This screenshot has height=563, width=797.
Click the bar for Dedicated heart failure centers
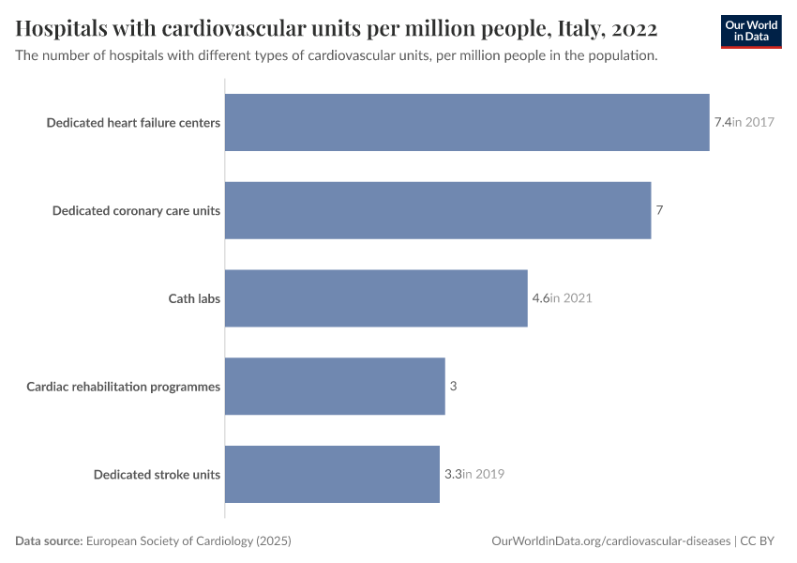[467, 122]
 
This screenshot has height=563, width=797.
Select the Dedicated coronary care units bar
[438, 210]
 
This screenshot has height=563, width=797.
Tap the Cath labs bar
[376, 298]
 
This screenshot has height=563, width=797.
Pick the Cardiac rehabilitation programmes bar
[335, 386]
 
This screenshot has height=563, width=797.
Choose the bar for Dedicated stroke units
[332, 474]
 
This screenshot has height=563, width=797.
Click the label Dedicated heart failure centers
[133, 122]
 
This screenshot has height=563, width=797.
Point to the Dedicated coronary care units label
[136, 210]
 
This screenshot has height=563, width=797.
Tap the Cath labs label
[194, 298]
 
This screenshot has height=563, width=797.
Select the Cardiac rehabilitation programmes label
[123, 386]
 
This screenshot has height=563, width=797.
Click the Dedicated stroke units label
[157, 474]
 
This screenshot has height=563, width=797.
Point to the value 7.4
[722, 122]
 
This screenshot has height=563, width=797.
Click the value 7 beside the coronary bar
[659, 210]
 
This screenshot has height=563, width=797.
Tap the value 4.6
[540, 298]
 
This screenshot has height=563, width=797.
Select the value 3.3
[452, 474]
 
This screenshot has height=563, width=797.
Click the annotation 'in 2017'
[754, 122]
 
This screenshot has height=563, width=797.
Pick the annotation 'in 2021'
[572, 298]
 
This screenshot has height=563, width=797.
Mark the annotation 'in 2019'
[484, 474]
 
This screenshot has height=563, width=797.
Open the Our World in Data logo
[751, 31]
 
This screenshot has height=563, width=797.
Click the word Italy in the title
[562, 26]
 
